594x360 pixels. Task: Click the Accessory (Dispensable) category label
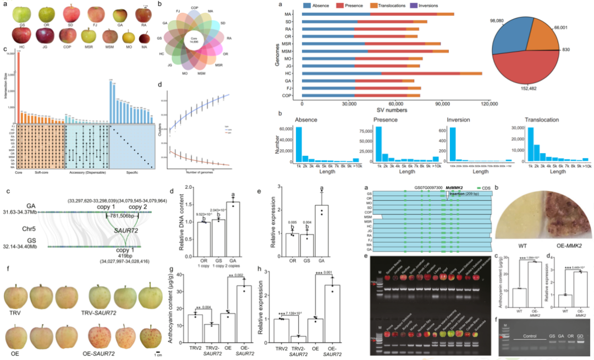tap(87, 172)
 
